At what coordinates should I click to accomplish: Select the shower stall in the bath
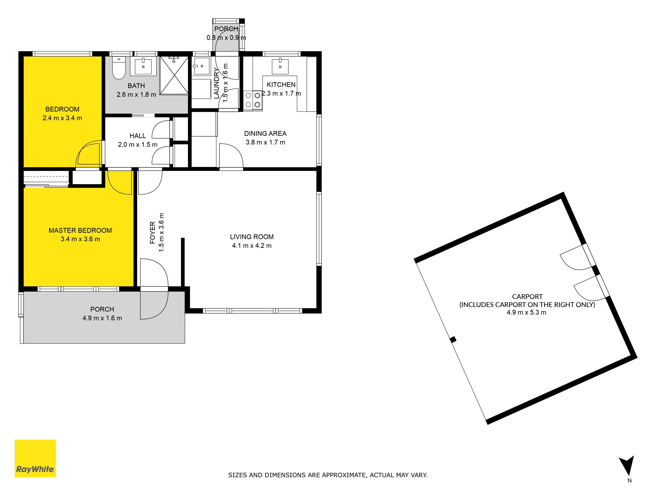[174, 75]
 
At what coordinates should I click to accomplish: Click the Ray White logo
[35, 458]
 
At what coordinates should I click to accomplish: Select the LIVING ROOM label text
[252, 237]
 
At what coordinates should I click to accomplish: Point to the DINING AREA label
[265, 133]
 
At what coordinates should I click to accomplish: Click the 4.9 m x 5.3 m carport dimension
[526, 312]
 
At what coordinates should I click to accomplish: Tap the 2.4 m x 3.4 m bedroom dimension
[62, 118]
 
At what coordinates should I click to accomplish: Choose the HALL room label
[138, 136]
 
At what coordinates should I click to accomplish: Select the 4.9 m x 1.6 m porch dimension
[102, 318]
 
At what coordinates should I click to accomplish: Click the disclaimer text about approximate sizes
[328, 475]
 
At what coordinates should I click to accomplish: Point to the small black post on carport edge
[453, 340]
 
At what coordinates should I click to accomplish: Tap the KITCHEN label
[281, 85]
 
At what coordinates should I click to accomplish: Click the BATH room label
[136, 86]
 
